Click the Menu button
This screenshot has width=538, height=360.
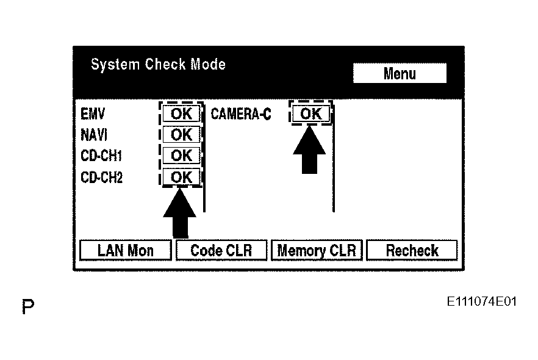coord(400,73)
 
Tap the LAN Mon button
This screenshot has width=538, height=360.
coord(126,250)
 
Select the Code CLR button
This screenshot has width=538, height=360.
coord(221,250)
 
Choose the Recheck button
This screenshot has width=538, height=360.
coord(412,250)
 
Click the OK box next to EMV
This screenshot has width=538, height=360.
coord(181,113)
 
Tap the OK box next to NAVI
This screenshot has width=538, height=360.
coord(181,134)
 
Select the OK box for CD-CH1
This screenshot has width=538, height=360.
coord(181,156)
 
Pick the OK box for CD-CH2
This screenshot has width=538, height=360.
coord(181,177)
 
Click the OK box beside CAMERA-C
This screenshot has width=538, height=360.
coord(311,113)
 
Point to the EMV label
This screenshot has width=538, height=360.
coord(93,114)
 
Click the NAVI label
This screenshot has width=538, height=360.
coord(94,135)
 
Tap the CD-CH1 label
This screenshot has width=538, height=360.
coord(101,156)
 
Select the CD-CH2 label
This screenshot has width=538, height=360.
coord(101,178)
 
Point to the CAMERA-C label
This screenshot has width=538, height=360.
coord(241,114)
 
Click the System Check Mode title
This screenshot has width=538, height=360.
coord(158,65)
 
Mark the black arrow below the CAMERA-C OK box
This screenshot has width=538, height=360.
coord(309,150)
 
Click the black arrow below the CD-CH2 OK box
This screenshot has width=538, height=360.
coord(180,213)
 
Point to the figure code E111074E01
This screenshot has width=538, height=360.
coord(481,301)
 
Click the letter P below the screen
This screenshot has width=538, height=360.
coord(28,306)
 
